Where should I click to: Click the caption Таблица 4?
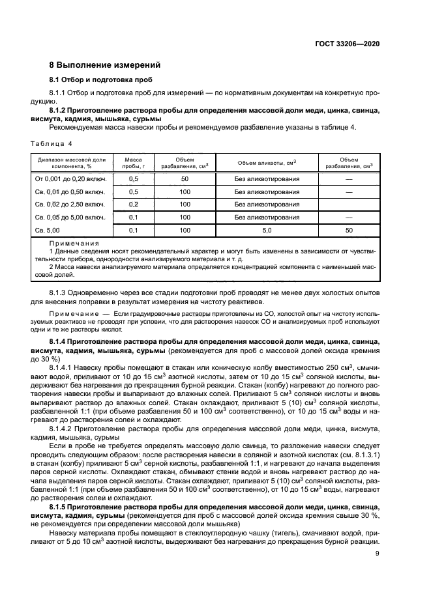point(52,142)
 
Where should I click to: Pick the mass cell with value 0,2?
point(133,205)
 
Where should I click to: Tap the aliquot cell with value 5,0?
point(267,230)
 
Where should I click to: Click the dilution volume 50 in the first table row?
point(185,179)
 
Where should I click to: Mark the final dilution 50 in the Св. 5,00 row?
point(349,230)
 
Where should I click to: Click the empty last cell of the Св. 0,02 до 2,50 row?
point(349,205)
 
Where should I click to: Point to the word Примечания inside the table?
point(73,242)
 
